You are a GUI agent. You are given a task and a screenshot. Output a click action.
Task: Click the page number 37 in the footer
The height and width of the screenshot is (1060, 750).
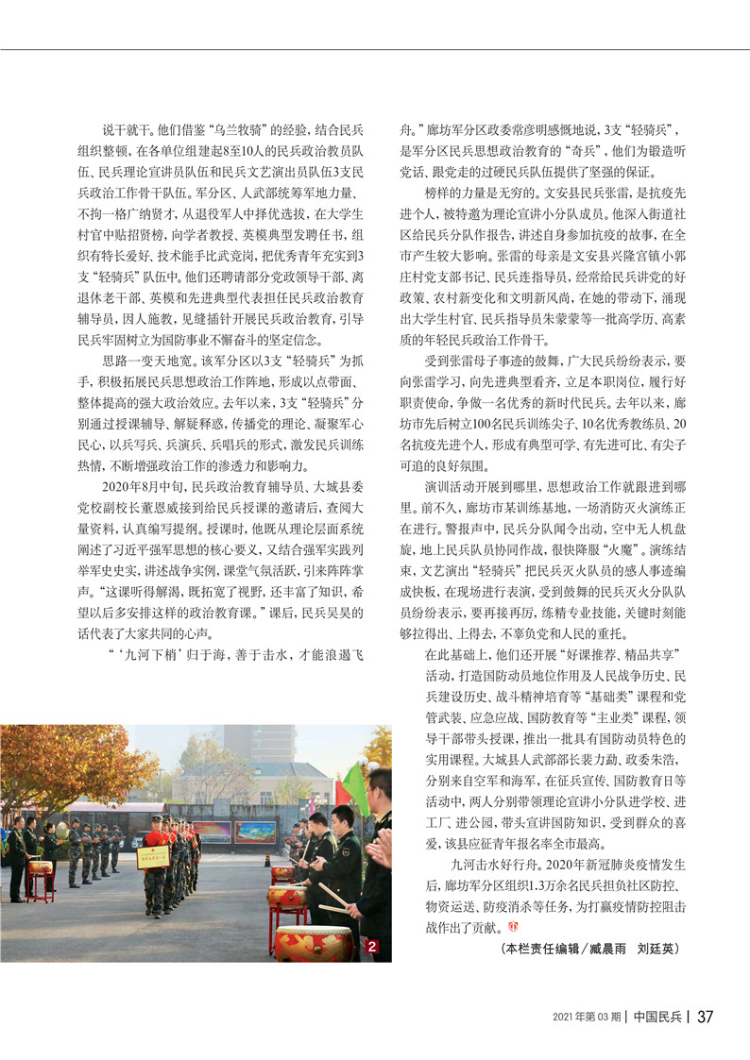(705, 1017)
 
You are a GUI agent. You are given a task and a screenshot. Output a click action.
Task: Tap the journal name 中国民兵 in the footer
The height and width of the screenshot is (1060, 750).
(658, 1017)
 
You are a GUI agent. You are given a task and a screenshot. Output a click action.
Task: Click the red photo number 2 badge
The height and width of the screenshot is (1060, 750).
(373, 947)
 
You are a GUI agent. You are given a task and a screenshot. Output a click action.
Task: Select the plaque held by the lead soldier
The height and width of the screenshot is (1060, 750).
(153, 856)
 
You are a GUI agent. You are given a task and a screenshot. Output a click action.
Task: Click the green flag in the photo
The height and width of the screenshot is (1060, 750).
(354, 788)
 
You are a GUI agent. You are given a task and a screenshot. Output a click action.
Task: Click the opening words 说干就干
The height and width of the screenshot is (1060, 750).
(126, 131)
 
